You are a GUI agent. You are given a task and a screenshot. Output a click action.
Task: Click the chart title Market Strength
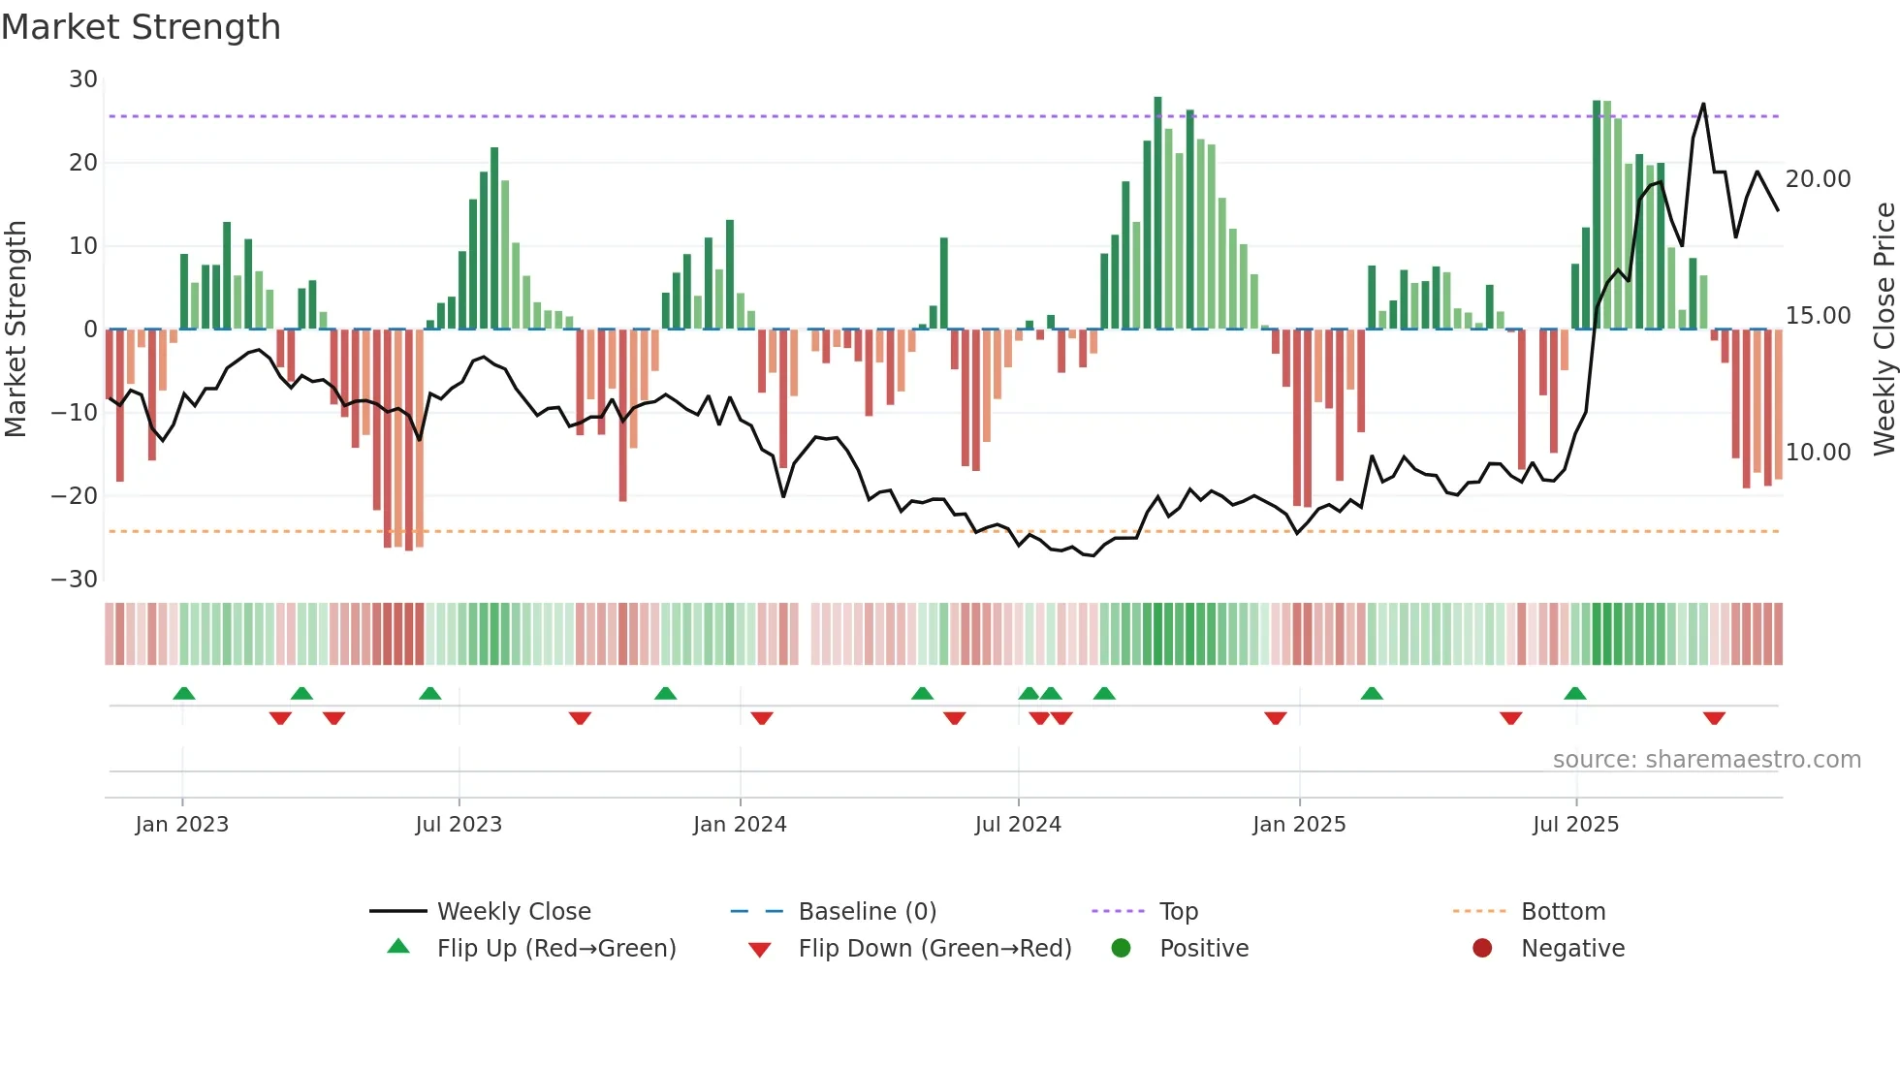coord(141,27)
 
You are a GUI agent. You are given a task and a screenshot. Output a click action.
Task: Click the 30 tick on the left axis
coord(83,79)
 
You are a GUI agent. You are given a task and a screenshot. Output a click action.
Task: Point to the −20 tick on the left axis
coord(76,496)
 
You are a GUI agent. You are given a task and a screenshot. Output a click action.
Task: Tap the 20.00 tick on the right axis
coord(1818,179)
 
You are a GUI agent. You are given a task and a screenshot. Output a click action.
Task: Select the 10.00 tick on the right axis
coord(1818,453)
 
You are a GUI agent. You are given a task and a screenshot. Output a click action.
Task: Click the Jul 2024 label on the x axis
coord(1018,825)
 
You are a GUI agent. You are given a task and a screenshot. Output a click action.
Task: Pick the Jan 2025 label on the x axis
coord(1299,825)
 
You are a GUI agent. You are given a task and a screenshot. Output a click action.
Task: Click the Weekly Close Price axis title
coord(1884,330)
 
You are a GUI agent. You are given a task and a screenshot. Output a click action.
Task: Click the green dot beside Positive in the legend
coord(1122,949)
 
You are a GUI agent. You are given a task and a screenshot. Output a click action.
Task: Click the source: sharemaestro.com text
coord(1706,760)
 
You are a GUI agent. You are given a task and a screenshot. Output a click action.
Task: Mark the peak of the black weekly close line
coord(1703,104)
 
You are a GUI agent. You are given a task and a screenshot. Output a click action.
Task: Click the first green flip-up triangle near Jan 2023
coord(184,693)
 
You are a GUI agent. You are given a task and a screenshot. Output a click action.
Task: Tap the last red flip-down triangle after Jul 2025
coord(1714,718)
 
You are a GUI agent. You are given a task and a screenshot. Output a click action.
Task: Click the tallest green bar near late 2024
coord(1157,213)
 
